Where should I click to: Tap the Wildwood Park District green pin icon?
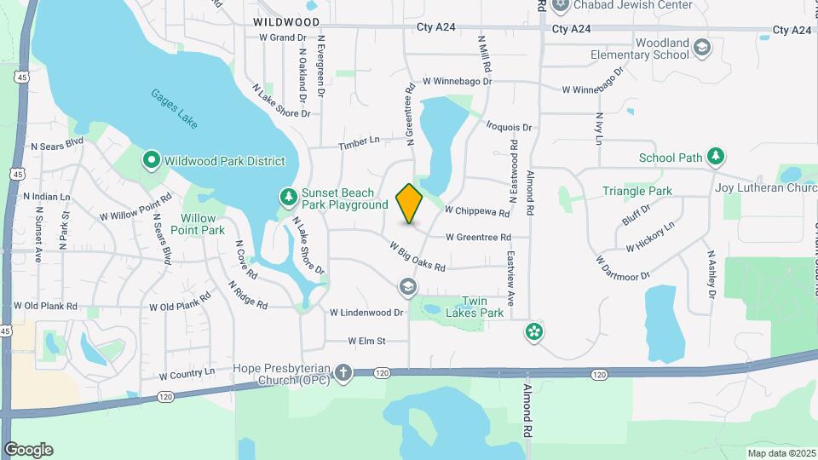pyautogui.click(x=151, y=160)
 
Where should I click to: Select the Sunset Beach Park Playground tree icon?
pyautogui.click(x=289, y=198)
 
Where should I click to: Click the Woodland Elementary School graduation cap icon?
pyautogui.click(x=702, y=47)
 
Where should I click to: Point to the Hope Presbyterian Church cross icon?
pyautogui.click(x=343, y=372)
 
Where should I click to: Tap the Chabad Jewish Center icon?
pyautogui.click(x=560, y=6)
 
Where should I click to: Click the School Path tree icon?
pyautogui.click(x=717, y=157)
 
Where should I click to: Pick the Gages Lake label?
pyautogui.click(x=175, y=109)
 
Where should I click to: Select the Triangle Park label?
pyautogui.click(x=637, y=192)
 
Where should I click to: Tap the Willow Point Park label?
pyautogui.click(x=198, y=224)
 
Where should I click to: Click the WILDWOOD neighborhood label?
pyautogui.click(x=286, y=22)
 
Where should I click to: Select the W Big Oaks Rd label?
pyautogui.click(x=418, y=257)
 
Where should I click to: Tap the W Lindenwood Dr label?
pyautogui.click(x=366, y=313)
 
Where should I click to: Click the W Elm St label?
pyautogui.click(x=366, y=341)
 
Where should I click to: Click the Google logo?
pyautogui.click(x=28, y=450)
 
